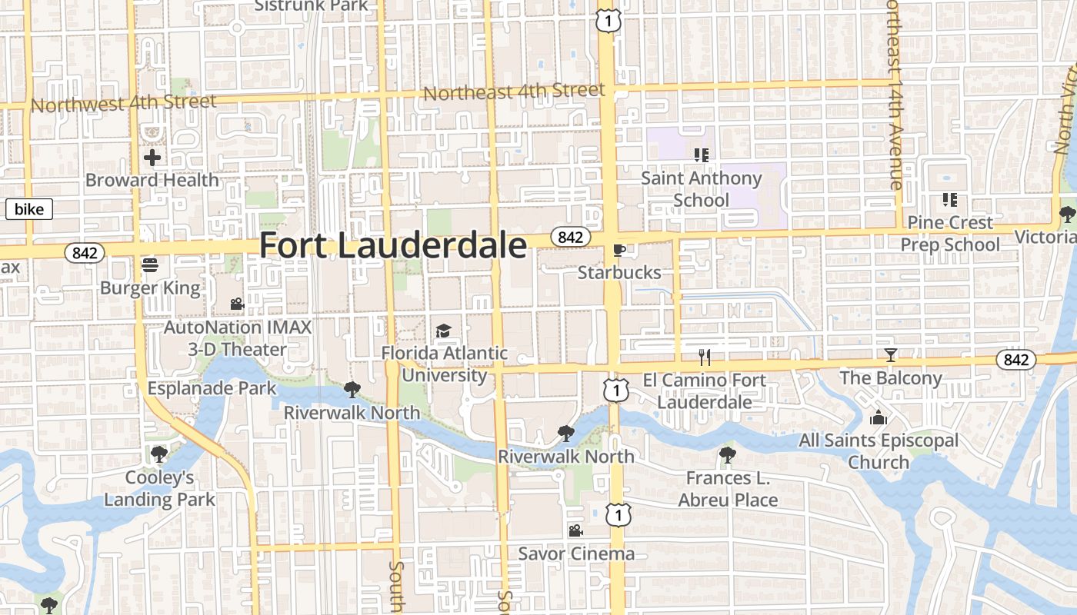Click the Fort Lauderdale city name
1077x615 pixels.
(x=393, y=246)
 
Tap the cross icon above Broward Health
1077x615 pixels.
(x=152, y=158)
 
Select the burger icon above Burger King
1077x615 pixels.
(x=150, y=265)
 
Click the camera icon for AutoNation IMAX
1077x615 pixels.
(x=237, y=304)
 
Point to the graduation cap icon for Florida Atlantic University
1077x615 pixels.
(x=443, y=331)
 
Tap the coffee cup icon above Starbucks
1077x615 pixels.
(x=619, y=250)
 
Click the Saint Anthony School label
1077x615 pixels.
(x=701, y=189)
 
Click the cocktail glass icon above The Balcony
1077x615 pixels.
(x=891, y=355)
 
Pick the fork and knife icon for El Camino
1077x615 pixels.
(x=704, y=357)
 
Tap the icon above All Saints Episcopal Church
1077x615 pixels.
(x=878, y=418)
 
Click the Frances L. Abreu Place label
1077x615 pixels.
(x=728, y=489)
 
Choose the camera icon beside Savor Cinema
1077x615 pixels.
(x=575, y=530)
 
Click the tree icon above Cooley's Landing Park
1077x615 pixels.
(x=159, y=454)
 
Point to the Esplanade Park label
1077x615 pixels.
(x=212, y=388)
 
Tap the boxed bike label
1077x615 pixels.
(x=29, y=209)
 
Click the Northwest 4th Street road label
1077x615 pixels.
(x=124, y=102)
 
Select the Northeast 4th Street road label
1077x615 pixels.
(x=514, y=91)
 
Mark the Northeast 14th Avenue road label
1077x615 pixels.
(x=894, y=94)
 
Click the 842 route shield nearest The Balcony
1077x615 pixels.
(x=1015, y=359)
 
